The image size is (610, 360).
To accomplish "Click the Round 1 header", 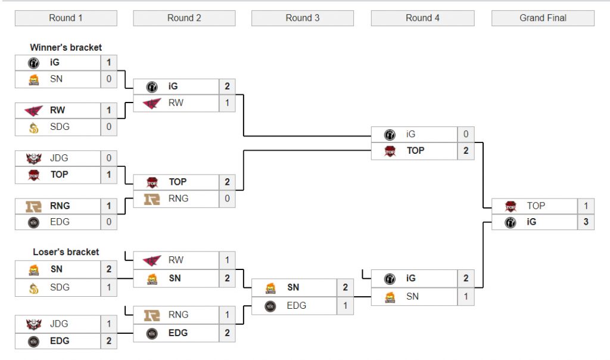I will pyautogui.click(x=66, y=18).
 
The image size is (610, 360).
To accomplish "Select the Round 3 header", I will pyautogui.click(x=303, y=18).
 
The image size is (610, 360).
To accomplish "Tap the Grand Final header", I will pyautogui.click(x=543, y=18).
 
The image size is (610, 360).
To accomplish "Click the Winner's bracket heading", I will pyautogui.click(x=66, y=47).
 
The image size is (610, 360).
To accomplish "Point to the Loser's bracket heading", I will pyautogui.click(x=66, y=252).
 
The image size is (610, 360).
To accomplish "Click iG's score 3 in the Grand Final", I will pyautogui.click(x=586, y=222).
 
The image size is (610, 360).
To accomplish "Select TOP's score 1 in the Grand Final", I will pyautogui.click(x=586, y=206).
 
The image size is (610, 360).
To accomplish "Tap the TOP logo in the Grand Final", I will pyautogui.click(x=511, y=206).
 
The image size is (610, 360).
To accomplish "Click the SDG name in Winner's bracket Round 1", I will pyautogui.click(x=60, y=126).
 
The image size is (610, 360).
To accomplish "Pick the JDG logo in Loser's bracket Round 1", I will pyautogui.click(x=34, y=324).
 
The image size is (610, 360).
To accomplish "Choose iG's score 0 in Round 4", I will pyautogui.click(x=466, y=134).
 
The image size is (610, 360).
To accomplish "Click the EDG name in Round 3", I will pyautogui.click(x=297, y=305).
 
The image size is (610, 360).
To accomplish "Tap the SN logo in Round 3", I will pyautogui.click(x=271, y=288).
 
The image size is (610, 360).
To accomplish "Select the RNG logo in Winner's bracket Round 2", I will pyautogui.click(x=152, y=198).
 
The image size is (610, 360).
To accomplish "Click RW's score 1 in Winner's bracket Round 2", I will pyautogui.click(x=227, y=103).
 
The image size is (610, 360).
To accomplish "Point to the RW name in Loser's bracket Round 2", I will pyautogui.click(x=176, y=260).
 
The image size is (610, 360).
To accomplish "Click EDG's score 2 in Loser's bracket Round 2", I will pyautogui.click(x=227, y=333).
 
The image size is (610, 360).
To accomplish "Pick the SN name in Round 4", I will pyautogui.click(x=412, y=296).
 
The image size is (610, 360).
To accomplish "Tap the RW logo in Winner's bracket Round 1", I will pyautogui.click(x=34, y=110).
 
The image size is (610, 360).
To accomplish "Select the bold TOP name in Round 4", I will pyautogui.click(x=416, y=150).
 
